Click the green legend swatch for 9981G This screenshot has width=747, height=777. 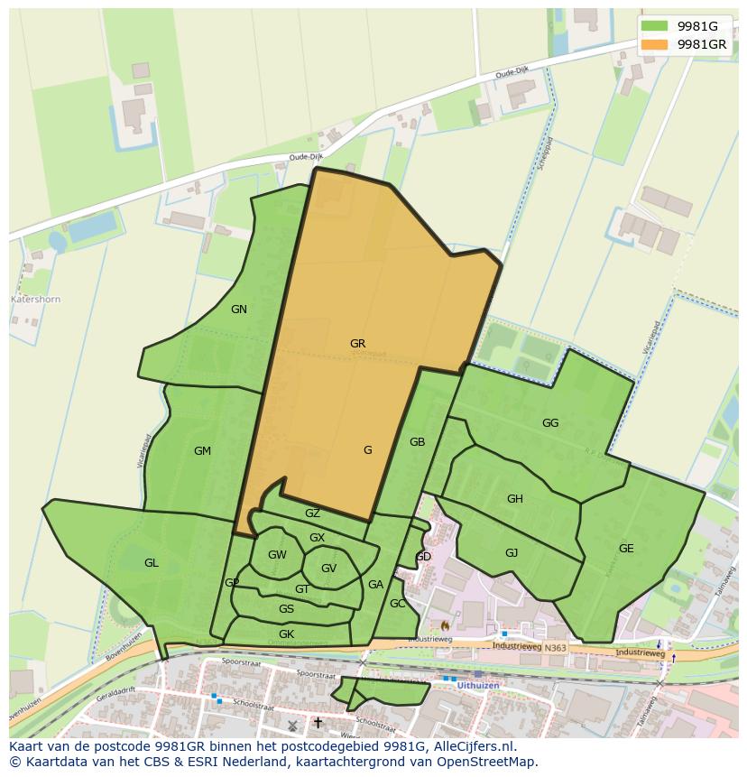pos(656,26)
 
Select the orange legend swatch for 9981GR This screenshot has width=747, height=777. pos(656,44)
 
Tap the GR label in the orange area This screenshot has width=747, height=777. pos(357,344)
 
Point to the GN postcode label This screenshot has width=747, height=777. pos(238,310)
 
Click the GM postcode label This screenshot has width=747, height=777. pos(202,451)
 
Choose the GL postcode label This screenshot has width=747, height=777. pos(151,563)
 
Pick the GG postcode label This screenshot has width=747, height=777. pos(550,423)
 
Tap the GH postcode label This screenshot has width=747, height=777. pos(514,499)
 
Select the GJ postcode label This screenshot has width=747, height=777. pos(512,553)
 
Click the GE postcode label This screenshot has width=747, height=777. pos(626,549)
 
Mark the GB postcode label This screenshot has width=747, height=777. pos(417,442)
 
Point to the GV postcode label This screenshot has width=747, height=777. pos(328,569)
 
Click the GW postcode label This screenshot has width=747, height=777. pos(277,555)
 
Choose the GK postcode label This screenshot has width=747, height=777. pos(286,634)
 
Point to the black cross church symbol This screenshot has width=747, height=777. pos(318,723)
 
